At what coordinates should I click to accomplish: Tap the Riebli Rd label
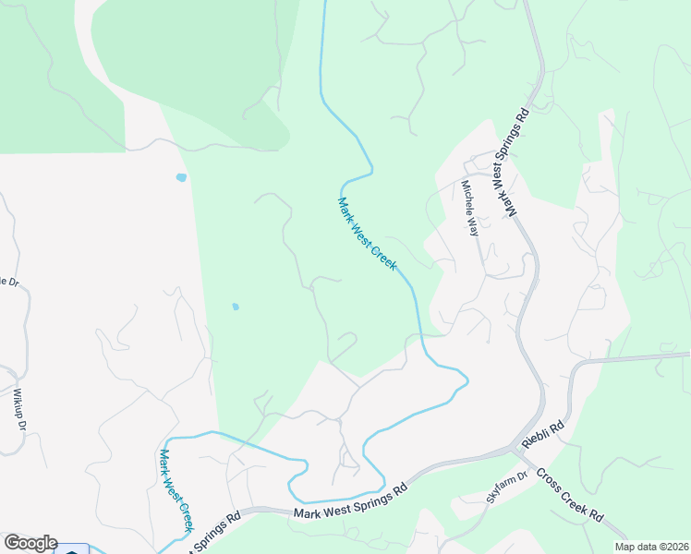(542, 434)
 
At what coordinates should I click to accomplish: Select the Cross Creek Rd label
(570, 500)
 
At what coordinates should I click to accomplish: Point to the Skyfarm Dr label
(505, 488)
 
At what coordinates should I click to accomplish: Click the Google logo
(30, 543)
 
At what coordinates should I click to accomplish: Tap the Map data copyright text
(652, 545)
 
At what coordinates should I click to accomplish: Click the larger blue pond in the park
(181, 177)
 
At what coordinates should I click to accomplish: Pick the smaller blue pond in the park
(236, 307)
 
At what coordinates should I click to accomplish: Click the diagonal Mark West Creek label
(367, 234)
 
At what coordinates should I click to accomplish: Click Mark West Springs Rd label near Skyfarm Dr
(350, 502)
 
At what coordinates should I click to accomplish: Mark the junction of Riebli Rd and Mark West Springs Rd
(515, 450)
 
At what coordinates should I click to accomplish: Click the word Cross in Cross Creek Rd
(549, 483)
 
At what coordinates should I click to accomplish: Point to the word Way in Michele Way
(474, 224)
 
